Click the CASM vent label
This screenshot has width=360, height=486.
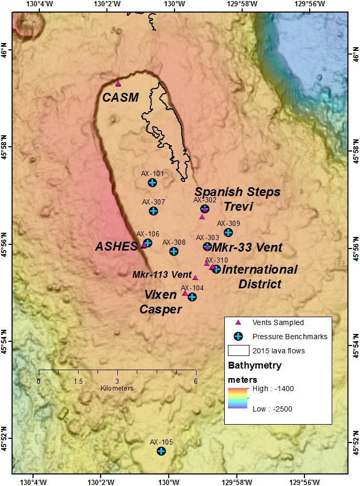[x=121, y=97]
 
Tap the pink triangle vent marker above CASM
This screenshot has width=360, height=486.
[x=118, y=83]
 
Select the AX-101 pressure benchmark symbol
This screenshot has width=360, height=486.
[x=152, y=182]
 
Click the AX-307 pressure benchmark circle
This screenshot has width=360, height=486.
[x=153, y=211]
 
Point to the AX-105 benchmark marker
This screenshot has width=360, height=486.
[x=161, y=451]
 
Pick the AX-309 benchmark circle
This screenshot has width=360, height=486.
[x=228, y=232]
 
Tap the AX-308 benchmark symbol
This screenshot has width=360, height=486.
[x=174, y=251]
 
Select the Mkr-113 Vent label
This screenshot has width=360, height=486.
[x=162, y=274]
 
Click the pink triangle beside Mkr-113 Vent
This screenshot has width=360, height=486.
[x=195, y=278]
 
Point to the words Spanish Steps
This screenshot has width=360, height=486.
[x=237, y=192]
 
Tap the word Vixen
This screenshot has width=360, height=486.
[x=161, y=295]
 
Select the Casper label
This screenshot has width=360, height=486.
[x=160, y=309]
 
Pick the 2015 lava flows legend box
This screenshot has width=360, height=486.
[x=238, y=350]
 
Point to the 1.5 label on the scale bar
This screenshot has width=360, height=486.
[x=78, y=381]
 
